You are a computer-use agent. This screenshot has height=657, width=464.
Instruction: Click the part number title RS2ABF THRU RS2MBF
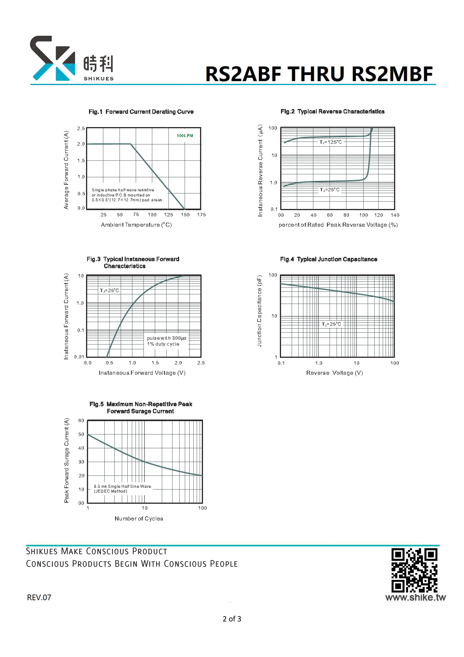tap(319, 74)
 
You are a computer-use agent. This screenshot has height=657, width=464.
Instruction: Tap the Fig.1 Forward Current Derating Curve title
tap(141, 112)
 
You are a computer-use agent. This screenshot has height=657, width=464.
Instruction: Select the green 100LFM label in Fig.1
tap(185, 136)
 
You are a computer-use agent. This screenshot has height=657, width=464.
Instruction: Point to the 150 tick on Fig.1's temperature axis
tap(185, 215)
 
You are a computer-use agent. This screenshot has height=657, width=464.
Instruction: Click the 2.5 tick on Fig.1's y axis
tap(81, 128)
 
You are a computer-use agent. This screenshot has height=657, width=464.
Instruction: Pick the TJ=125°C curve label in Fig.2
tap(330, 142)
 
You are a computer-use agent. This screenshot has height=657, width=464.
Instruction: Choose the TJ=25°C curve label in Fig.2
tap(330, 190)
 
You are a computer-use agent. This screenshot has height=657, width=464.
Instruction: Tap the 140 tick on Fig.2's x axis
tap(395, 215)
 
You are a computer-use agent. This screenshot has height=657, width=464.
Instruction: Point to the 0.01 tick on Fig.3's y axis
tap(79, 357)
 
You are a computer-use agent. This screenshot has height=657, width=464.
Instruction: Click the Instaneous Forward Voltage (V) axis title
tap(142, 373)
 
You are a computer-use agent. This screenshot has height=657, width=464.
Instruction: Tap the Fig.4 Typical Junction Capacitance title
tap(329, 259)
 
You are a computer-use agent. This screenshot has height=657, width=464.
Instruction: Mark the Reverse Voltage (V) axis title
tap(335, 373)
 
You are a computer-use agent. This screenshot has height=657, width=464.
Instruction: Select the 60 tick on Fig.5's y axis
tap(81, 421)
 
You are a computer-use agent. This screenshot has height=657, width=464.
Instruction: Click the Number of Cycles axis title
tap(139, 519)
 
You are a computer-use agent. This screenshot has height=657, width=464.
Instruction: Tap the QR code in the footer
tap(414, 570)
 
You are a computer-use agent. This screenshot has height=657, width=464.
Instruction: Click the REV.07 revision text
tap(39, 597)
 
